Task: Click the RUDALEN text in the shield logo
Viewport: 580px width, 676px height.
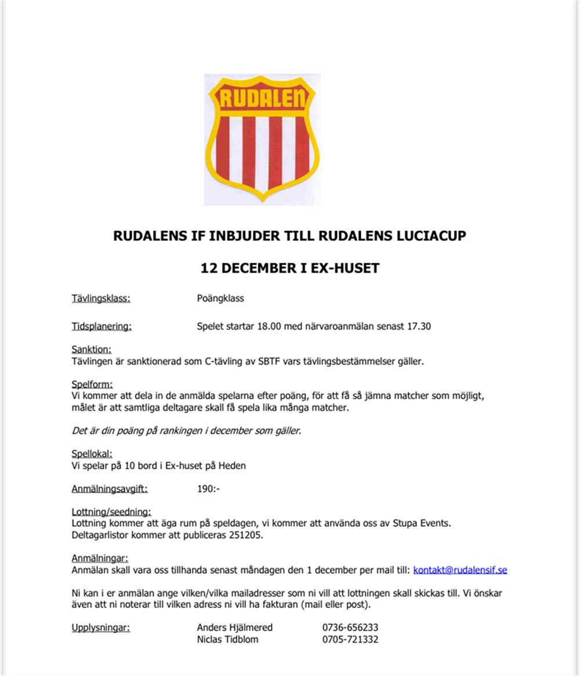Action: coord(262,99)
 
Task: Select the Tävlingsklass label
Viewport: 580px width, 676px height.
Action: coord(101,299)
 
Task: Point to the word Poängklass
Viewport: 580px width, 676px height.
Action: coord(220,299)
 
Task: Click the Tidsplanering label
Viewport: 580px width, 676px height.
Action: coord(101,326)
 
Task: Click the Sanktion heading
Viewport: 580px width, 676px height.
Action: coord(91,349)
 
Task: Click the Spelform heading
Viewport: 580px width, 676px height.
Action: coord(92,384)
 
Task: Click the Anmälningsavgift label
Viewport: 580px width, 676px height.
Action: coord(110,489)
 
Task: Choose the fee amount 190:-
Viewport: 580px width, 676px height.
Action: coord(208,489)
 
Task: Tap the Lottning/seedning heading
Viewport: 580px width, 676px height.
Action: coord(111,512)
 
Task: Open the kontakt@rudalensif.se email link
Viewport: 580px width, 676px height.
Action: coord(460,570)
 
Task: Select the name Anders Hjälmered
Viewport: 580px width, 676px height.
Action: coord(235,627)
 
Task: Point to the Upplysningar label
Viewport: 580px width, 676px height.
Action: coord(101,627)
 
